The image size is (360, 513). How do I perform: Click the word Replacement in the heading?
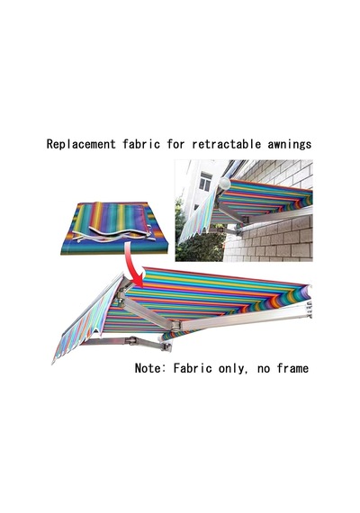coord(81,144)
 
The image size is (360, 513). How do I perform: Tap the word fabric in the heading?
coord(141,144)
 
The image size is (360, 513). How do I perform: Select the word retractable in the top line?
coord(227,144)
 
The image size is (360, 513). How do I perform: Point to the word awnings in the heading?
coord(290,144)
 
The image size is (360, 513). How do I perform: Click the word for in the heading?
coord(176,144)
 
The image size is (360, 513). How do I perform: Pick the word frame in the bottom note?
coord(292,368)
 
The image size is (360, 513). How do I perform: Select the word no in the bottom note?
coord(264,369)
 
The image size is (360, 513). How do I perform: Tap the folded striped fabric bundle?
coord(114,229)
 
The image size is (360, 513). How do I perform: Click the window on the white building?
coord(205,181)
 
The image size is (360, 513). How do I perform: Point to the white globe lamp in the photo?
coord(225,183)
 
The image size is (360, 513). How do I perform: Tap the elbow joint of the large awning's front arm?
coord(175,325)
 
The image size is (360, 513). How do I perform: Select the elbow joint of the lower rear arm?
coord(132,340)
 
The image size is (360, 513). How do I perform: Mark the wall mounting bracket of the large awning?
coord(309,310)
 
